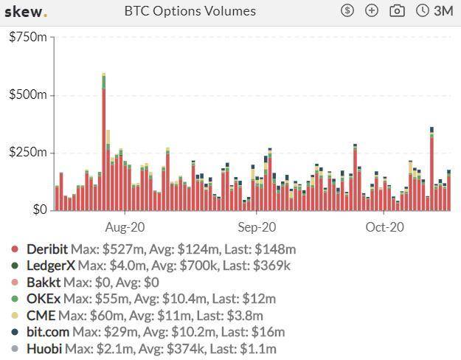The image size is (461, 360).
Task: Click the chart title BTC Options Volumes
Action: (190, 11)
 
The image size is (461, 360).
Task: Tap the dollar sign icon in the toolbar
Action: (347, 11)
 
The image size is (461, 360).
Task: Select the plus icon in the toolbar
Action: (372, 11)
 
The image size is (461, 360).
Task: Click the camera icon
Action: (397, 11)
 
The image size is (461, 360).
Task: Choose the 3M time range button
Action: (435, 11)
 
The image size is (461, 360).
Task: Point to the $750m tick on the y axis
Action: (27, 38)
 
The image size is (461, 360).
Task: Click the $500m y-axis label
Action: (27, 95)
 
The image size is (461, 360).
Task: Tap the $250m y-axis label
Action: (27, 153)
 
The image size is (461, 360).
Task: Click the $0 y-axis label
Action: (38, 210)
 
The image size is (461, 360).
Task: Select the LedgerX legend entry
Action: (50, 266)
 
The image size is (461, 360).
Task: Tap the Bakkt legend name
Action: (43, 283)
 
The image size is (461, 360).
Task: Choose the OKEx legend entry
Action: (43, 299)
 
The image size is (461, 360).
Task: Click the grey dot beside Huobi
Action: (15, 349)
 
